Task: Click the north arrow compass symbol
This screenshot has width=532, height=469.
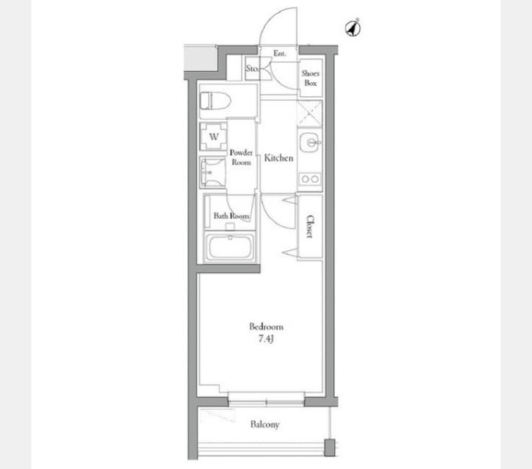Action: coord(353,28)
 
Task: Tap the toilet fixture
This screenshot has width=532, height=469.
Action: coord(215,101)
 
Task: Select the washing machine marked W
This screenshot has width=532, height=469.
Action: coord(214,137)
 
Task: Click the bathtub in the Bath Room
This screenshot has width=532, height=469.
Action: coord(231,247)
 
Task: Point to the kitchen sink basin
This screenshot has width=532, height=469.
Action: coord(310,142)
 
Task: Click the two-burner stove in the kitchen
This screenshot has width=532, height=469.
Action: coord(310,179)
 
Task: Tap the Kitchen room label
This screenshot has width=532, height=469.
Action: coord(279,158)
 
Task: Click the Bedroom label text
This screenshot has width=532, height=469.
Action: coord(266,327)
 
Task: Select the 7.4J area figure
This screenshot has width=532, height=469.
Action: coord(266,338)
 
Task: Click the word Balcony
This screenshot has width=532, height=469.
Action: coord(265,424)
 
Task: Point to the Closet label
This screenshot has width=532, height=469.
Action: coord(310,227)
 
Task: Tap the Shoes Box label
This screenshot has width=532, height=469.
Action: coord(310,78)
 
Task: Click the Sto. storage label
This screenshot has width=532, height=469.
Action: coord(252,69)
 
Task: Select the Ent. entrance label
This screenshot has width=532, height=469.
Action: coord(279,53)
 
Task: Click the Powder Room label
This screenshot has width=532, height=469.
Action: coord(241,157)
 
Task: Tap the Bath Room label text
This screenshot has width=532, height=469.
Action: coord(231,216)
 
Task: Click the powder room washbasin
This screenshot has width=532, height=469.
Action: coord(213,173)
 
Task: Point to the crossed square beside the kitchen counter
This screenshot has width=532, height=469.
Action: coord(310,113)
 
